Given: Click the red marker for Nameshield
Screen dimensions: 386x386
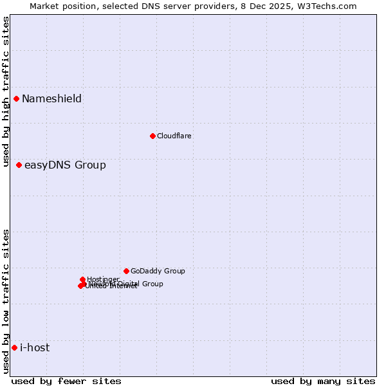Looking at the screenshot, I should tap(16, 98).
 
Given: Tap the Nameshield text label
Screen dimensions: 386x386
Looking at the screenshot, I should tap(51, 98).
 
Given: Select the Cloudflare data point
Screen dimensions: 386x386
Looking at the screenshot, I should tap(152, 136).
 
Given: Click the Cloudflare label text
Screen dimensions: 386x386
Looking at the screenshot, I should tap(174, 136).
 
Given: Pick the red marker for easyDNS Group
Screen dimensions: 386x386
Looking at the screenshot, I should tap(19, 165).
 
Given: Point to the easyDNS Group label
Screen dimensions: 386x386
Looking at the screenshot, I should tap(65, 165).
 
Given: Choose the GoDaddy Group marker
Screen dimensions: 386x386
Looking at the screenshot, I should tap(126, 271).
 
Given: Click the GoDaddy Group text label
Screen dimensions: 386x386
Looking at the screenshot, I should tap(158, 271).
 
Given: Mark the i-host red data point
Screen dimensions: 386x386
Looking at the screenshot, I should tap(14, 348).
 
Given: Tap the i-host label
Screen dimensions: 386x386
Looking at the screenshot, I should tap(35, 348).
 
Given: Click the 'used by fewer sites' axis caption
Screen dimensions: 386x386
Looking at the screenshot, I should tap(66, 381).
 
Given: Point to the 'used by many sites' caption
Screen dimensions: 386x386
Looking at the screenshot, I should tap(323, 381).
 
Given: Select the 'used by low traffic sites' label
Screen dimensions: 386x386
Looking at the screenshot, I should tap(6, 301).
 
